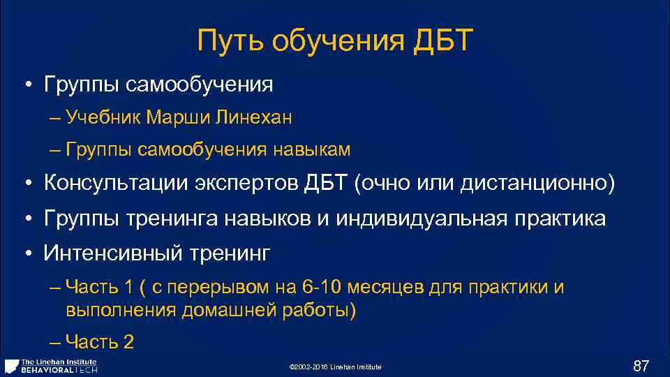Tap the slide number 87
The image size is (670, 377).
click(641, 366)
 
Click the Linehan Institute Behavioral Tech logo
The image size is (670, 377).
click(51, 366)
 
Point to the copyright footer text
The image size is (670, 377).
click(335, 367)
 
